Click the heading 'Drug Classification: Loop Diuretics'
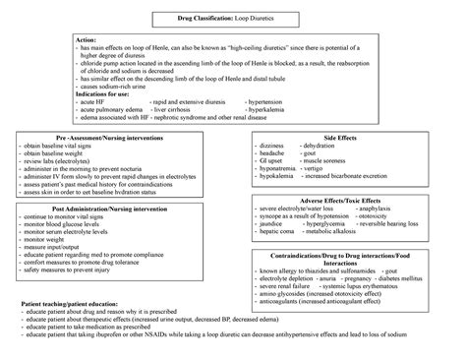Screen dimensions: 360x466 click(233, 19)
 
